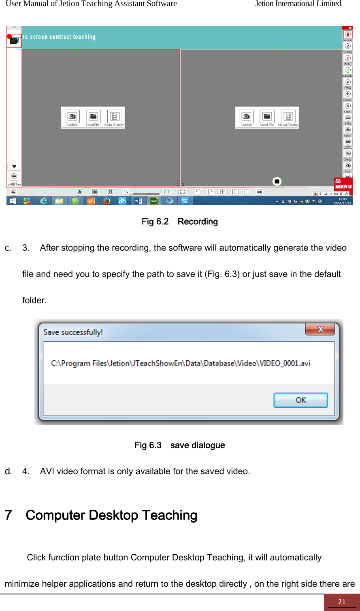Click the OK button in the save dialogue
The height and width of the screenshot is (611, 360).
click(300, 400)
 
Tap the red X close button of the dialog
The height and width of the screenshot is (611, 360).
click(320, 329)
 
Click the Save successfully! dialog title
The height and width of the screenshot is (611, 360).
click(73, 332)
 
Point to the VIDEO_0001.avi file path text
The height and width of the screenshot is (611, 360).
click(181, 363)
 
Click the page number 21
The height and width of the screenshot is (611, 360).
click(342, 602)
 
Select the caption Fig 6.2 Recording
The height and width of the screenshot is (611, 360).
click(180, 221)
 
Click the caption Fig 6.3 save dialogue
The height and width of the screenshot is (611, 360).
click(180, 445)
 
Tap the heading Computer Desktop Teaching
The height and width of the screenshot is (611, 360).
click(111, 515)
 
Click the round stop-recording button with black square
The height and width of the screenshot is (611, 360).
click(277, 181)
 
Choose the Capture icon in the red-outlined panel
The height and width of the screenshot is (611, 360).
click(72, 117)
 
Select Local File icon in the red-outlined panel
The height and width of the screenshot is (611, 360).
click(93, 117)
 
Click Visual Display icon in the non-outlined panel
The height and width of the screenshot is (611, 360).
click(288, 117)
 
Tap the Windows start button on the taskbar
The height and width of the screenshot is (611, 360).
click(13, 201)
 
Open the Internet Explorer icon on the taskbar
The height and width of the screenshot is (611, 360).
click(43, 201)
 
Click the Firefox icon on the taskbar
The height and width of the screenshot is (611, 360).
click(107, 201)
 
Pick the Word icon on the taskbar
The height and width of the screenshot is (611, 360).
click(138, 201)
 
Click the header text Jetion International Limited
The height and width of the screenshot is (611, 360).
click(298, 4)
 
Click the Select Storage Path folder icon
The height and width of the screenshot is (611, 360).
click(14, 177)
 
